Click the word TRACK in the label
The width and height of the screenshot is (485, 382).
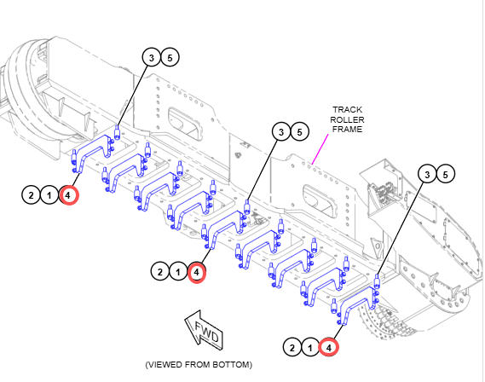(x=347, y=110)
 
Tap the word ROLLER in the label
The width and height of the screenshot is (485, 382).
(x=347, y=119)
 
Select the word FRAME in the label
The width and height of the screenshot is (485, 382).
(x=347, y=130)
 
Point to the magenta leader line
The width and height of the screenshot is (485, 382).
(x=320, y=149)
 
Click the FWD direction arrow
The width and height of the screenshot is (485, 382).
(x=205, y=330)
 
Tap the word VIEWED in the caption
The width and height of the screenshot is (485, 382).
(x=164, y=365)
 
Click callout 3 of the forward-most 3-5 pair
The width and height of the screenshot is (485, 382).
(x=152, y=57)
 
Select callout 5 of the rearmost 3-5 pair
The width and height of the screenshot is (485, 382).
(x=446, y=175)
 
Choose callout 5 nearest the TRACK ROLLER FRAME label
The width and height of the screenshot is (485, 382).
(x=299, y=132)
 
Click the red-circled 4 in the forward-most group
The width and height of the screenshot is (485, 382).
(x=68, y=195)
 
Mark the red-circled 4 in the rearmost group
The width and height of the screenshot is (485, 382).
(x=329, y=348)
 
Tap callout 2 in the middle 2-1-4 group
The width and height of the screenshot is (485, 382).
(x=160, y=272)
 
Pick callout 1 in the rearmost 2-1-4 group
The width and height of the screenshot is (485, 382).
(x=310, y=348)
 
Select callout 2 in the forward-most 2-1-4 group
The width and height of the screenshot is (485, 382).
(x=31, y=195)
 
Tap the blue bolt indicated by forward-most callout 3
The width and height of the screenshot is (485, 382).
(x=118, y=132)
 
